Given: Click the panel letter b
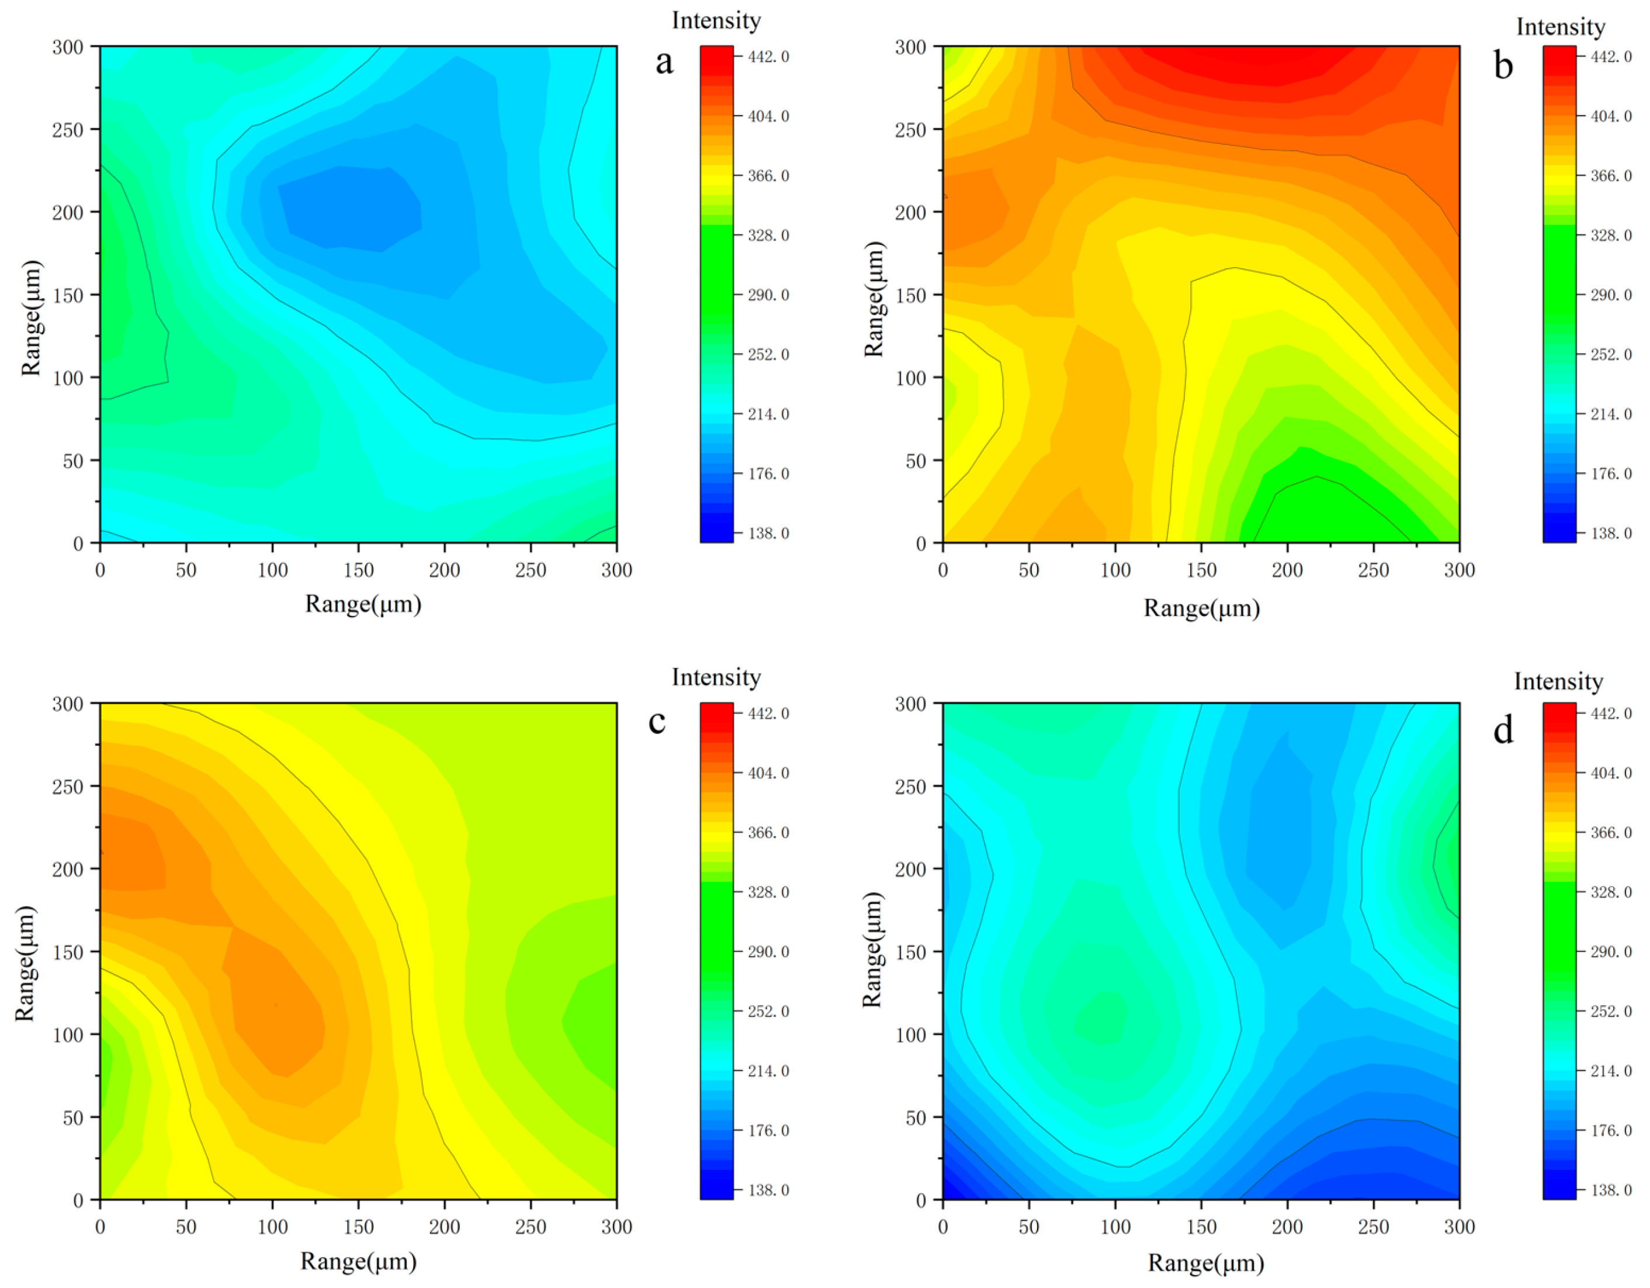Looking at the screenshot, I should pyautogui.click(x=1503, y=67).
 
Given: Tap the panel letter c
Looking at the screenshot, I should pyautogui.click(x=657, y=721).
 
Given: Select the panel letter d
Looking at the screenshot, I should pyautogui.click(x=1503, y=730).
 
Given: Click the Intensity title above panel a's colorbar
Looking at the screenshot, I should pyautogui.click(x=716, y=20).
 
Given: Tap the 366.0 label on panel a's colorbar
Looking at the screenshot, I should pyautogui.click(x=768, y=175).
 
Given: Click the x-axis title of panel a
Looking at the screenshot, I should pyautogui.click(x=363, y=604).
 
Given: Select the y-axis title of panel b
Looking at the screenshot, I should pyautogui.click(x=873, y=299).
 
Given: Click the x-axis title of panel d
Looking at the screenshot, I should pyautogui.click(x=1206, y=1262).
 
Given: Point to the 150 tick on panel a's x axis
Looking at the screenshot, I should pyautogui.click(x=358, y=570).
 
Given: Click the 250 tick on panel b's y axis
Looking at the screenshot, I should pyautogui.click(x=910, y=130).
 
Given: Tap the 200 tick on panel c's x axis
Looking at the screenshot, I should pyautogui.click(x=444, y=1227).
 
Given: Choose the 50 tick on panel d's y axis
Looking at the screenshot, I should pyautogui.click(x=916, y=1117).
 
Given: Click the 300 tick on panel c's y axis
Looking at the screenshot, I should pyautogui.click(x=67, y=704).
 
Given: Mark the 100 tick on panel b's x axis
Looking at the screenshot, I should pyautogui.click(x=1115, y=570).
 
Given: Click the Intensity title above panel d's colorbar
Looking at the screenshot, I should pyautogui.click(x=1558, y=681).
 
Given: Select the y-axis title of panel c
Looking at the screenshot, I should pyautogui.click(x=26, y=963).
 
